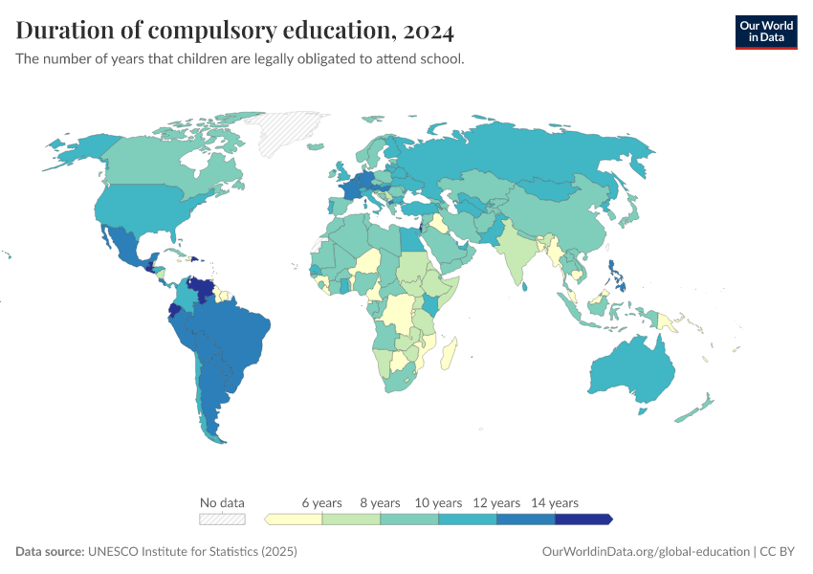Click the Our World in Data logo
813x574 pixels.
[x=765, y=32]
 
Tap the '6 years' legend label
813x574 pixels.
[x=321, y=502]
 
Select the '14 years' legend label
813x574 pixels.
[x=555, y=502]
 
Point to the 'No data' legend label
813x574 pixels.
[x=222, y=502]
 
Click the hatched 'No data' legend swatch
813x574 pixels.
[x=222, y=519]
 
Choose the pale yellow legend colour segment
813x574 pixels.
[x=295, y=519]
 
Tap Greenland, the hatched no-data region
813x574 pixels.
[x=297, y=134]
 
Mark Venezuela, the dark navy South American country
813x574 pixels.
[x=202, y=287]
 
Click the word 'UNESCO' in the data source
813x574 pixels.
[x=112, y=552]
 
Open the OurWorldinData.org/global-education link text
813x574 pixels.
[x=645, y=552]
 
